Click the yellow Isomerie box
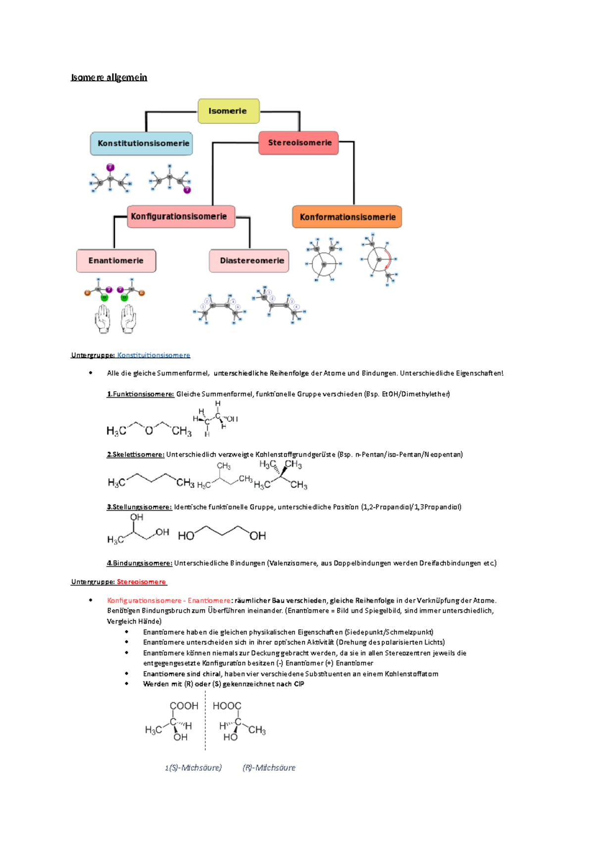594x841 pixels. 228,111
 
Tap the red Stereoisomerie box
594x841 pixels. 299,143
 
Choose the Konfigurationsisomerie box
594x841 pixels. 181,216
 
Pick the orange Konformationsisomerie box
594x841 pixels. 347,217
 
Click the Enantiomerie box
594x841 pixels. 116,261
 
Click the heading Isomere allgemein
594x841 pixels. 109,77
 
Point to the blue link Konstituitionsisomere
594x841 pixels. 153,355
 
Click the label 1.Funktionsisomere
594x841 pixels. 140,394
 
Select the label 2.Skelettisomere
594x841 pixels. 135,455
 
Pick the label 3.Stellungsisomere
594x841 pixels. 139,507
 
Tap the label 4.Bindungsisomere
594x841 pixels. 139,563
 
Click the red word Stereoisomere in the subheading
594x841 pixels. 141,582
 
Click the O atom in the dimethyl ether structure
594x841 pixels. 148,430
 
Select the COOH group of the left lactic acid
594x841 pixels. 184,706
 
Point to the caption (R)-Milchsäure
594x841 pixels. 269,768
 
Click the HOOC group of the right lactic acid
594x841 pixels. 227,706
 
